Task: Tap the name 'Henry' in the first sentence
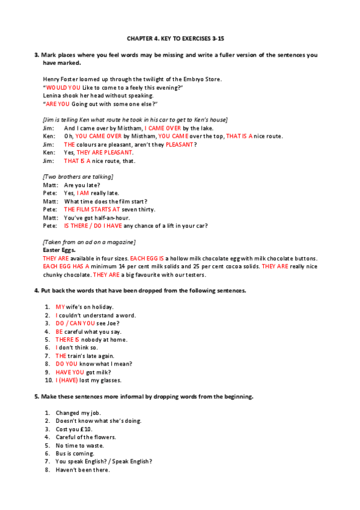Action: point(52,79)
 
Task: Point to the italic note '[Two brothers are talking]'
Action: point(78,177)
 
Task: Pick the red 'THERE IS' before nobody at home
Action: point(67,339)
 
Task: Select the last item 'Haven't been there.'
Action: point(83,470)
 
